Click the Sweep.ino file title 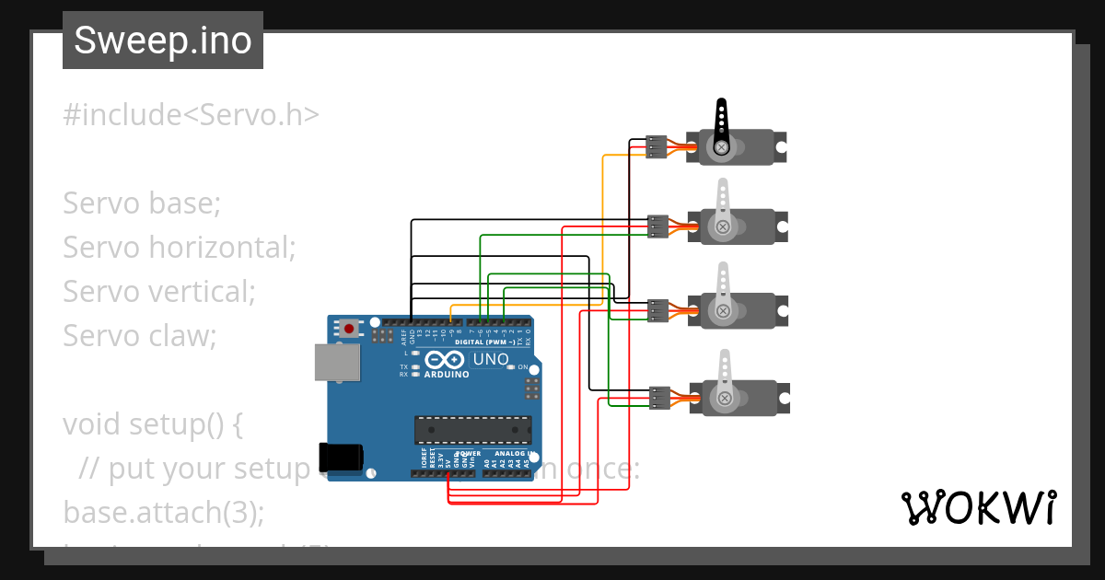point(163,41)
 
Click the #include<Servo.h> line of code point(191,115)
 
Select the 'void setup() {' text point(152,424)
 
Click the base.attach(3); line point(163,512)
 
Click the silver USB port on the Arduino point(337,362)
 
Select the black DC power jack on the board point(340,458)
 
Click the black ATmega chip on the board point(472,429)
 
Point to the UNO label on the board point(490,359)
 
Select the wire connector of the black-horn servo point(657,147)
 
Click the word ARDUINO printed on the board point(447,375)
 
